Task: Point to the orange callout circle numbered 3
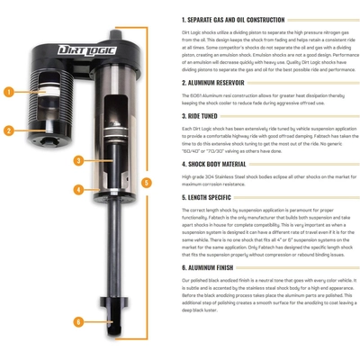click(x=80, y=160)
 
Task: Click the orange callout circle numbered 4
click(x=80, y=190)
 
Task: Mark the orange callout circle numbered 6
click(x=80, y=321)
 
